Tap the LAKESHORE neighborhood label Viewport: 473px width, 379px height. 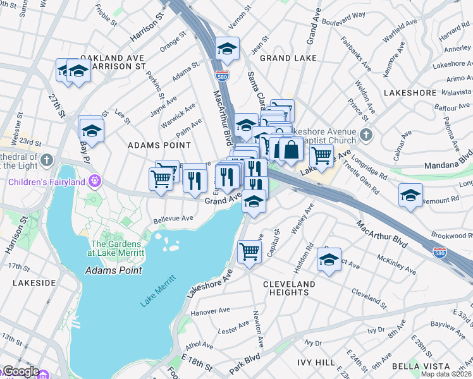click(410, 92)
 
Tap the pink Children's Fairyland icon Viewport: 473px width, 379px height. click(95, 182)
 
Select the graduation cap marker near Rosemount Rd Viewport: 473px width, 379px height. click(410, 195)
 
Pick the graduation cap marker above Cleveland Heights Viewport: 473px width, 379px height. click(329, 260)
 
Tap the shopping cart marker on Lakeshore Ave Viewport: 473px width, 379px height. click(321, 155)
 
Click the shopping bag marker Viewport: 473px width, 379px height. click(292, 150)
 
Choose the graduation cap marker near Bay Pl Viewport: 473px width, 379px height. click(91, 129)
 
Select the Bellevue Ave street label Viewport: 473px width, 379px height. click(173, 219)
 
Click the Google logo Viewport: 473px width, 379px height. click(21, 371)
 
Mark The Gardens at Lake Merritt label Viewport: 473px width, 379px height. click(118, 248)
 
